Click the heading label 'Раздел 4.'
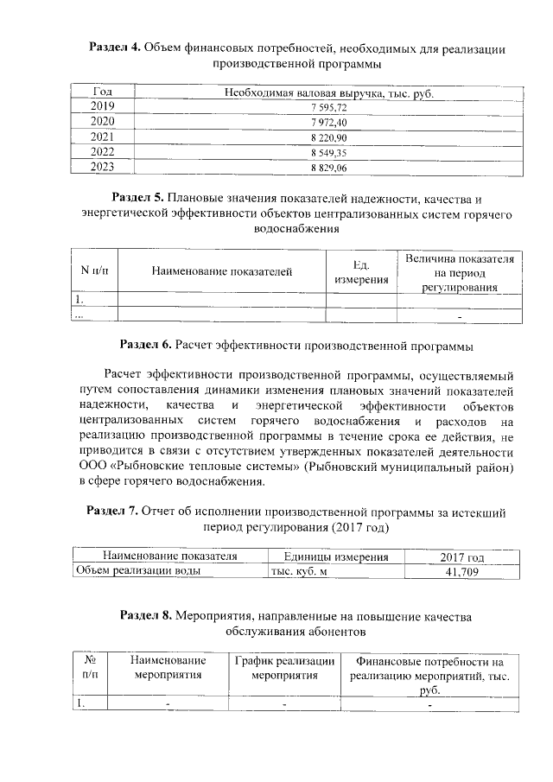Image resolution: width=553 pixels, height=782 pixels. [x=116, y=48]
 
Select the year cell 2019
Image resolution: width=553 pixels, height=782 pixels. [x=102, y=107]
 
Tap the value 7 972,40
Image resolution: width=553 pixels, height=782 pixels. [x=328, y=123]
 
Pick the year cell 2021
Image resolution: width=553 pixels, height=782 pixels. [x=102, y=137]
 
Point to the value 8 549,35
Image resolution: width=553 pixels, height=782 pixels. [x=328, y=153]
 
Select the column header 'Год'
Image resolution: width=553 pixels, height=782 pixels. [x=102, y=92]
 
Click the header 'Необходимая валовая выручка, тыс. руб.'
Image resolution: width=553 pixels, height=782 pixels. [x=328, y=92]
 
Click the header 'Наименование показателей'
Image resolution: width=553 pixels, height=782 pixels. [x=221, y=272]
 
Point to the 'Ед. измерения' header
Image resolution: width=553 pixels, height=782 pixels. [x=361, y=272]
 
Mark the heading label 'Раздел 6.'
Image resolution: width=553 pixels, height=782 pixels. [x=146, y=346]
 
